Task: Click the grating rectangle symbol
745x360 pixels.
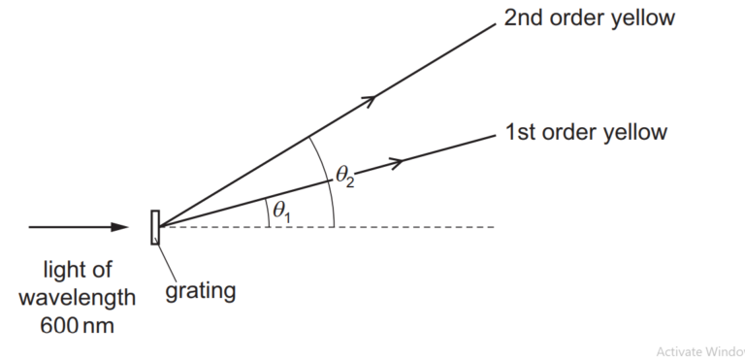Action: click(154, 226)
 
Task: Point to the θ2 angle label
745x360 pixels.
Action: click(345, 176)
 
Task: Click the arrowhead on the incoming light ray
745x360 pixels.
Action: click(119, 227)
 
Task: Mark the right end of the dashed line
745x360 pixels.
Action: click(494, 227)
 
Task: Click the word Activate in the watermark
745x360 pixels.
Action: click(679, 351)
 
